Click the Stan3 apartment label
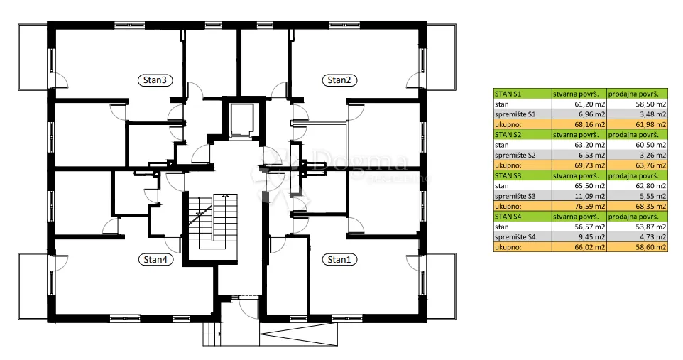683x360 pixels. [155, 80]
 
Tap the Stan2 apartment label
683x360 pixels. [339, 80]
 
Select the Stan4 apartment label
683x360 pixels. [155, 260]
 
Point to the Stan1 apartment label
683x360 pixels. [339, 260]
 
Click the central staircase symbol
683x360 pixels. [212, 222]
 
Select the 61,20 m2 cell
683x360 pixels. [579, 104]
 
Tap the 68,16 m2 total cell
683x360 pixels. [579, 125]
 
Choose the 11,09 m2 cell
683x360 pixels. [579, 196]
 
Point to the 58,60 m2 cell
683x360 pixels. [638, 247]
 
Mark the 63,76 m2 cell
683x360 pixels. [638, 165]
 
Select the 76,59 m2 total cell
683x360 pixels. [579, 206]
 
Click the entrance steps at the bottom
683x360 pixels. [212, 334]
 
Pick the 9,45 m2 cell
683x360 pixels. [579, 237]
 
